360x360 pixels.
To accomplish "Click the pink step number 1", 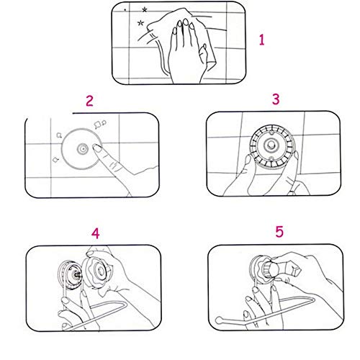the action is [x=262, y=40].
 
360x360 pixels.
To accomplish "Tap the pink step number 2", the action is [x=89, y=101].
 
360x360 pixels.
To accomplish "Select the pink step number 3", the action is [x=276, y=99].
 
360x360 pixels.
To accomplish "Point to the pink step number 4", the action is [x=96, y=233].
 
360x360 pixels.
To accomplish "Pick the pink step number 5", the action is [x=279, y=232].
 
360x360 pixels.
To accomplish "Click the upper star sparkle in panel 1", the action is [x=144, y=10].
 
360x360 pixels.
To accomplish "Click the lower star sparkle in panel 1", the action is [x=140, y=23].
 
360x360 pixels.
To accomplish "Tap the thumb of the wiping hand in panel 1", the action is [x=204, y=53].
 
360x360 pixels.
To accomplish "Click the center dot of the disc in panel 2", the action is [x=82, y=149].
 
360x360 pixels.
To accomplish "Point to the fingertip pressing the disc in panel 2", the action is [x=96, y=148].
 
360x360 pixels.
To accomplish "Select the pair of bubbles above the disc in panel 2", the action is [x=100, y=124].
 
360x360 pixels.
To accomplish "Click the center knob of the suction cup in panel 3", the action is [x=271, y=145].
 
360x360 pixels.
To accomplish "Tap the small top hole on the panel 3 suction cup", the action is [x=271, y=132].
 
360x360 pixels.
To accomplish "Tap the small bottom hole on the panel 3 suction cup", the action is [x=271, y=158].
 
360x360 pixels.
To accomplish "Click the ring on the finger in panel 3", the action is [x=292, y=192].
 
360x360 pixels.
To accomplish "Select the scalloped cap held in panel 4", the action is [x=97, y=271].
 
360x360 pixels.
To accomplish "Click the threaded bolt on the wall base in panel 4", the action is [x=77, y=275].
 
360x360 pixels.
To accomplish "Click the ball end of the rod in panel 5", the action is [x=218, y=320].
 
